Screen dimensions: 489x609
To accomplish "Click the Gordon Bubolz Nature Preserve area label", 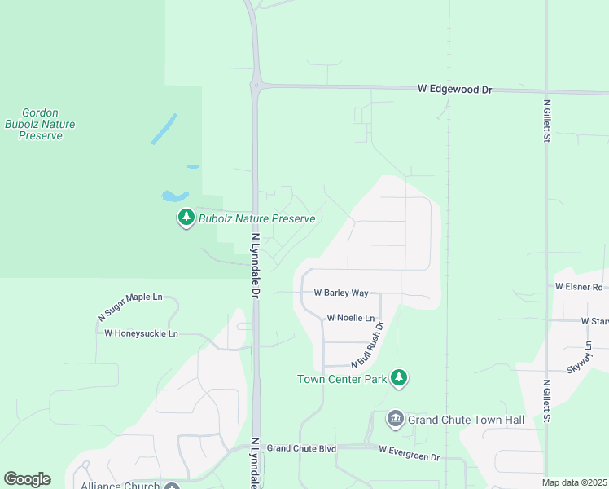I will tap(40, 125).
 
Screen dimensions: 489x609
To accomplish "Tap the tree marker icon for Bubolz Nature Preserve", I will tap(186, 218).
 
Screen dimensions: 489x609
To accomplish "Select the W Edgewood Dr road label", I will tap(455, 88).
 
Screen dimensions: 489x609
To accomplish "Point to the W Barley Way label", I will tap(341, 293).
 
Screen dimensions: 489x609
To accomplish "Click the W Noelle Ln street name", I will tap(351, 318).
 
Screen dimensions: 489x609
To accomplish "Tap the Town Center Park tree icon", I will tap(398, 377).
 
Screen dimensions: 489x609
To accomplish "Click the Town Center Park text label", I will tap(342, 379).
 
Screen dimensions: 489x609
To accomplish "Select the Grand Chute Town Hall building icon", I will tap(396, 419).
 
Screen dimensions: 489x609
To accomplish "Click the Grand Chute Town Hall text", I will tap(466, 420).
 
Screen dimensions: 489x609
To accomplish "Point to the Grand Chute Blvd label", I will tap(301, 448).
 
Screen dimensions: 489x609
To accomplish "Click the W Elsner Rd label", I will tap(579, 287).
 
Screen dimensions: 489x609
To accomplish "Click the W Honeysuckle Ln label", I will tap(141, 333).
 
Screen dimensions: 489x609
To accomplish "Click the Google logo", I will tap(27, 478).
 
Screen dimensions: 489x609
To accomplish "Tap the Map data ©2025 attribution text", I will tap(573, 482).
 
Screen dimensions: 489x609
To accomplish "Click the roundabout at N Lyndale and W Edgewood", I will tap(256, 85).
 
